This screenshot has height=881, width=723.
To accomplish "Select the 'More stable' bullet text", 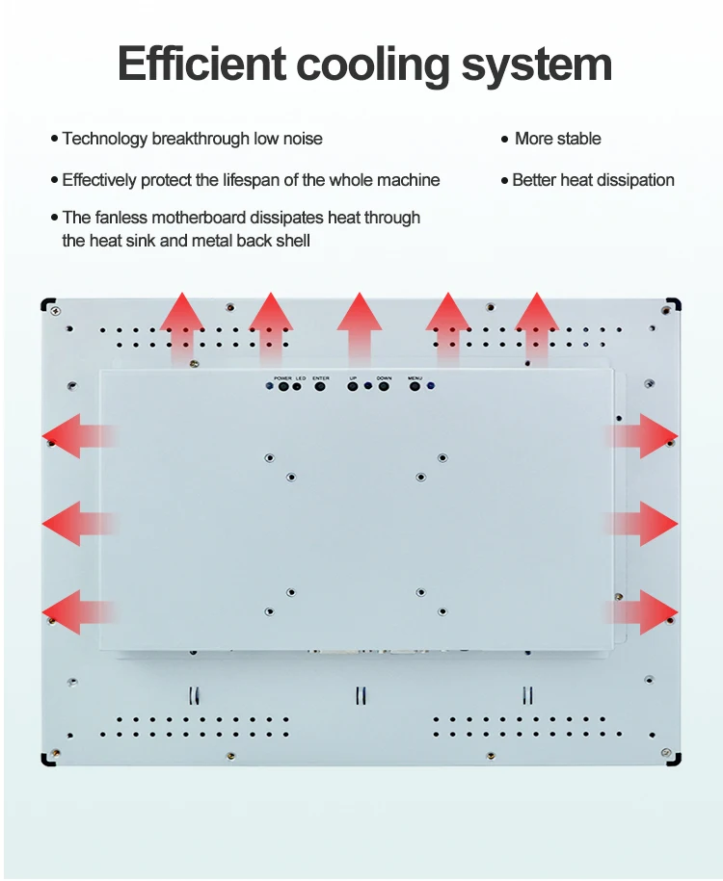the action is pyautogui.click(x=557, y=139).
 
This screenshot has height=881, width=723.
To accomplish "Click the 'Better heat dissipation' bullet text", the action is pyautogui.click(x=593, y=180).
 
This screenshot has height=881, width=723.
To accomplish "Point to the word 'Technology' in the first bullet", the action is pyautogui.click(x=105, y=139).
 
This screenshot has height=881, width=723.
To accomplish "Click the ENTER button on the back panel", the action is pyautogui.click(x=321, y=387).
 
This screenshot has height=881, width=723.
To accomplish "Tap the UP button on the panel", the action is pyautogui.click(x=354, y=387).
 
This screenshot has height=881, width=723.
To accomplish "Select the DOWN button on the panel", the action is pyautogui.click(x=384, y=387).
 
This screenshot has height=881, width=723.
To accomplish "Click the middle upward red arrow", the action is pyautogui.click(x=360, y=327).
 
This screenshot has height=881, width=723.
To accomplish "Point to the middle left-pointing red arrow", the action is pyautogui.click(x=79, y=523).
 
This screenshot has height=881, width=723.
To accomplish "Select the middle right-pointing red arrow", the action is pyautogui.click(x=643, y=523).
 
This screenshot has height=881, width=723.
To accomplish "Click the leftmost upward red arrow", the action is pyautogui.click(x=181, y=327).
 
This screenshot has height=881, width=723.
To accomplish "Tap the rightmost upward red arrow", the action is pyautogui.click(x=537, y=327).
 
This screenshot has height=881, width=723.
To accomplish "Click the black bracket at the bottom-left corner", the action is pyautogui.click(x=47, y=760).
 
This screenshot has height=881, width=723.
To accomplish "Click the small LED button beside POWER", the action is pyautogui.click(x=301, y=387).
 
